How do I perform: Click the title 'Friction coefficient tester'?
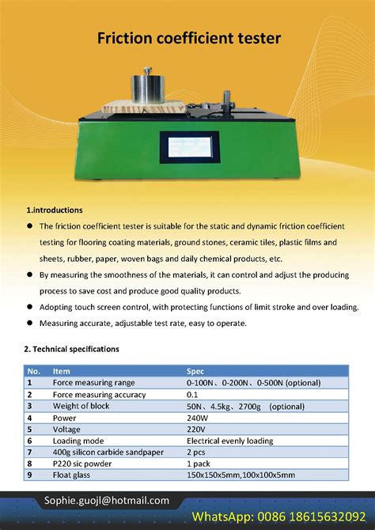click(x=188, y=38)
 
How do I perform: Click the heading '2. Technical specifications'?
click(x=71, y=349)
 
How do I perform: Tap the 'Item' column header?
click(x=62, y=370)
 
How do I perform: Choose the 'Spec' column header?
click(x=195, y=370)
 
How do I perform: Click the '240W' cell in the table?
click(x=198, y=417)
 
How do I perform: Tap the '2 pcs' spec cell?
click(x=199, y=452)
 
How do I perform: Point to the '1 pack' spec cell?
click(x=200, y=464)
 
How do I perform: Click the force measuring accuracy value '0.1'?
click(x=192, y=394)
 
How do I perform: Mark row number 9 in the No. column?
click(x=30, y=475)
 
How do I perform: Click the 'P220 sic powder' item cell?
click(x=85, y=464)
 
